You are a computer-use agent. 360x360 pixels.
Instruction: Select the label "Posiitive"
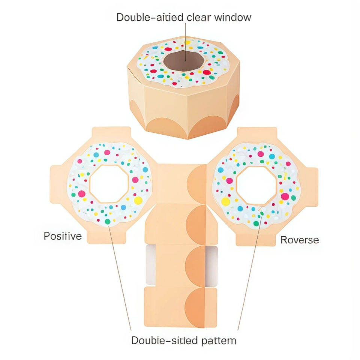point(63,236)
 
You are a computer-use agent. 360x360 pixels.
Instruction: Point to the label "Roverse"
point(300,240)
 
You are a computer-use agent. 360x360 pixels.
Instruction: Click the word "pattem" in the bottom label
point(218,340)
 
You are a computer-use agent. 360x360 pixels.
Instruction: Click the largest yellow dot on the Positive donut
point(138,200)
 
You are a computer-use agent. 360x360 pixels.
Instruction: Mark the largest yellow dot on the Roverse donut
point(225,201)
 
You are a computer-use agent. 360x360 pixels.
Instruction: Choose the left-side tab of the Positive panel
point(56,184)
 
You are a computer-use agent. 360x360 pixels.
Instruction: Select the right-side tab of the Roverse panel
point(311,184)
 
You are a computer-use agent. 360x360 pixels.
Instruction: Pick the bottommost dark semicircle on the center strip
point(195,307)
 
